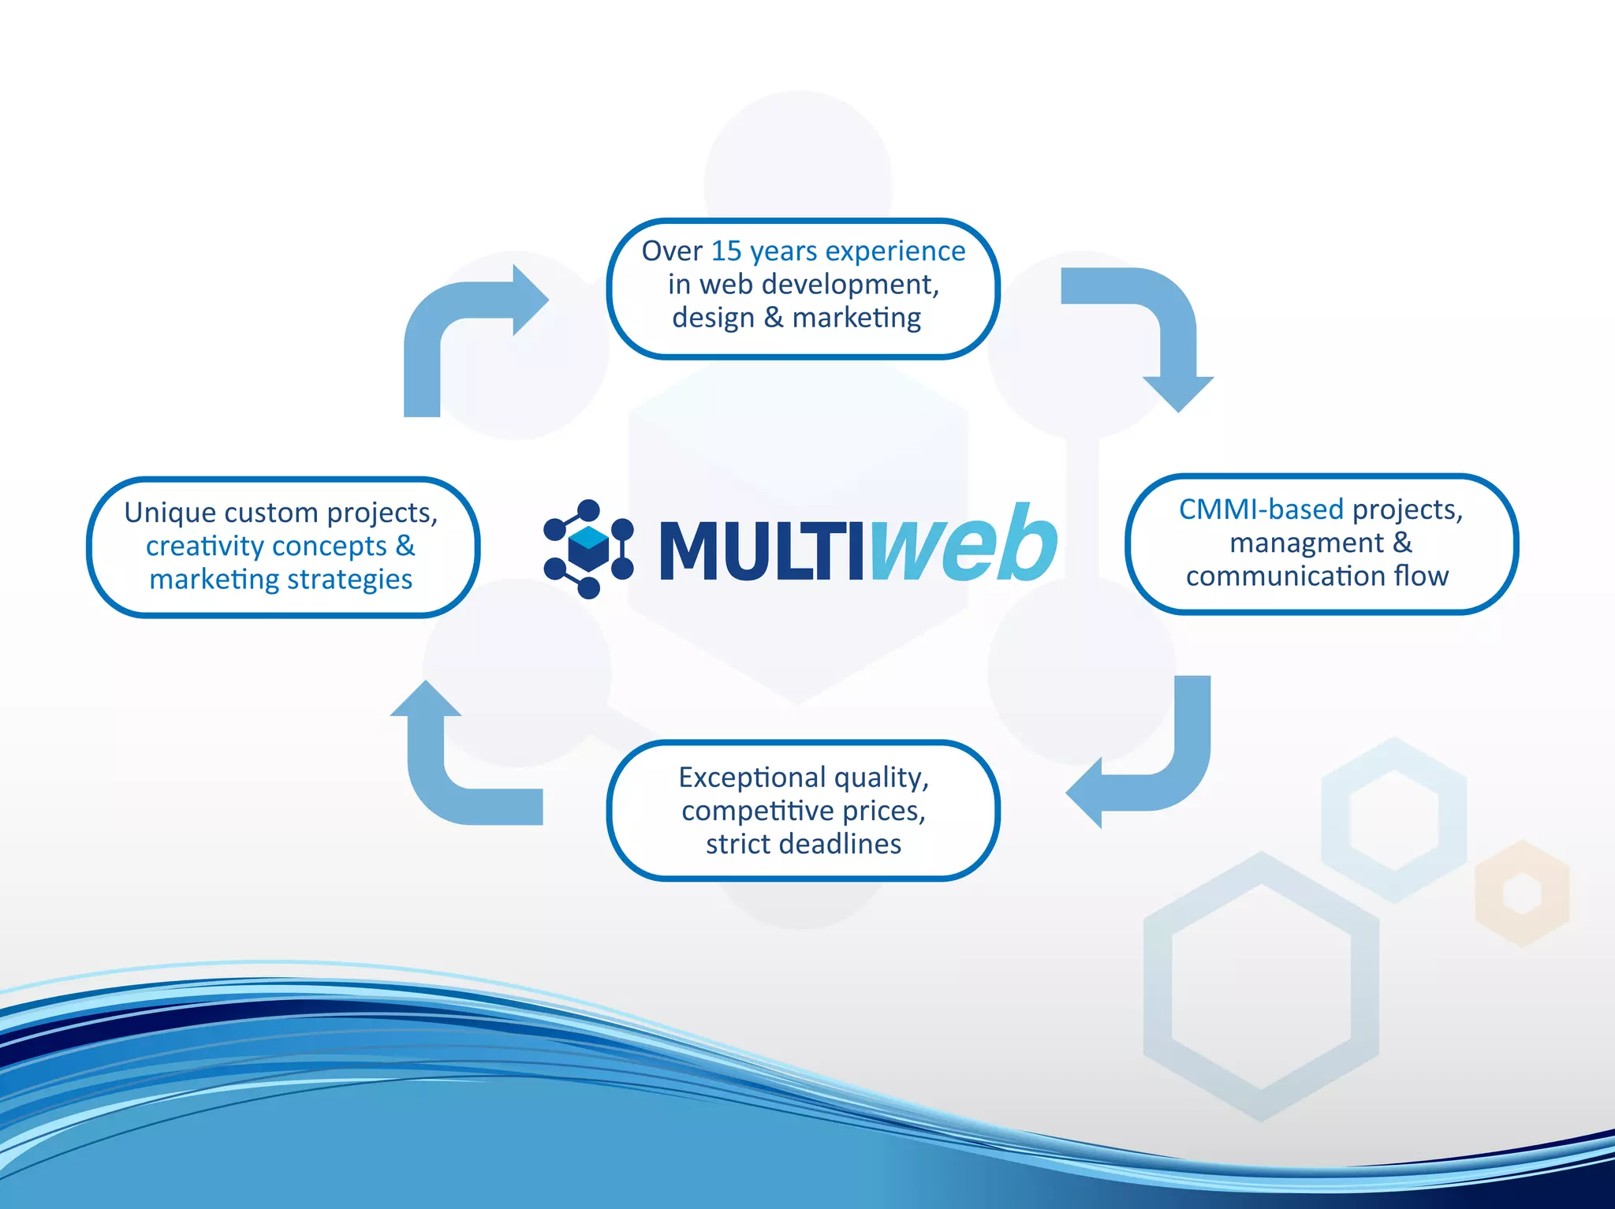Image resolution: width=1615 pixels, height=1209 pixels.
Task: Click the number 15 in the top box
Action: (x=726, y=251)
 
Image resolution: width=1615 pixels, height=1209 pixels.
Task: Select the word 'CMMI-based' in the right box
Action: (x=1260, y=509)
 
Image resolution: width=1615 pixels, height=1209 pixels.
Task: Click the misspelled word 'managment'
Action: (x=1306, y=543)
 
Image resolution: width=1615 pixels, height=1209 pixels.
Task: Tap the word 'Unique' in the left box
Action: (x=169, y=513)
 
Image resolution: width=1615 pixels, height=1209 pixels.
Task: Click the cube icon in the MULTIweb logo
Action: (x=588, y=549)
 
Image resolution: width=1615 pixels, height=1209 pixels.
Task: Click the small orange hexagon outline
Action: (x=1522, y=894)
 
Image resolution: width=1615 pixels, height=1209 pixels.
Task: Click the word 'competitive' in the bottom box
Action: (x=757, y=811)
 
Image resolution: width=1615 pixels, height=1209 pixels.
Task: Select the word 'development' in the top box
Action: (x=850, y=284)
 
